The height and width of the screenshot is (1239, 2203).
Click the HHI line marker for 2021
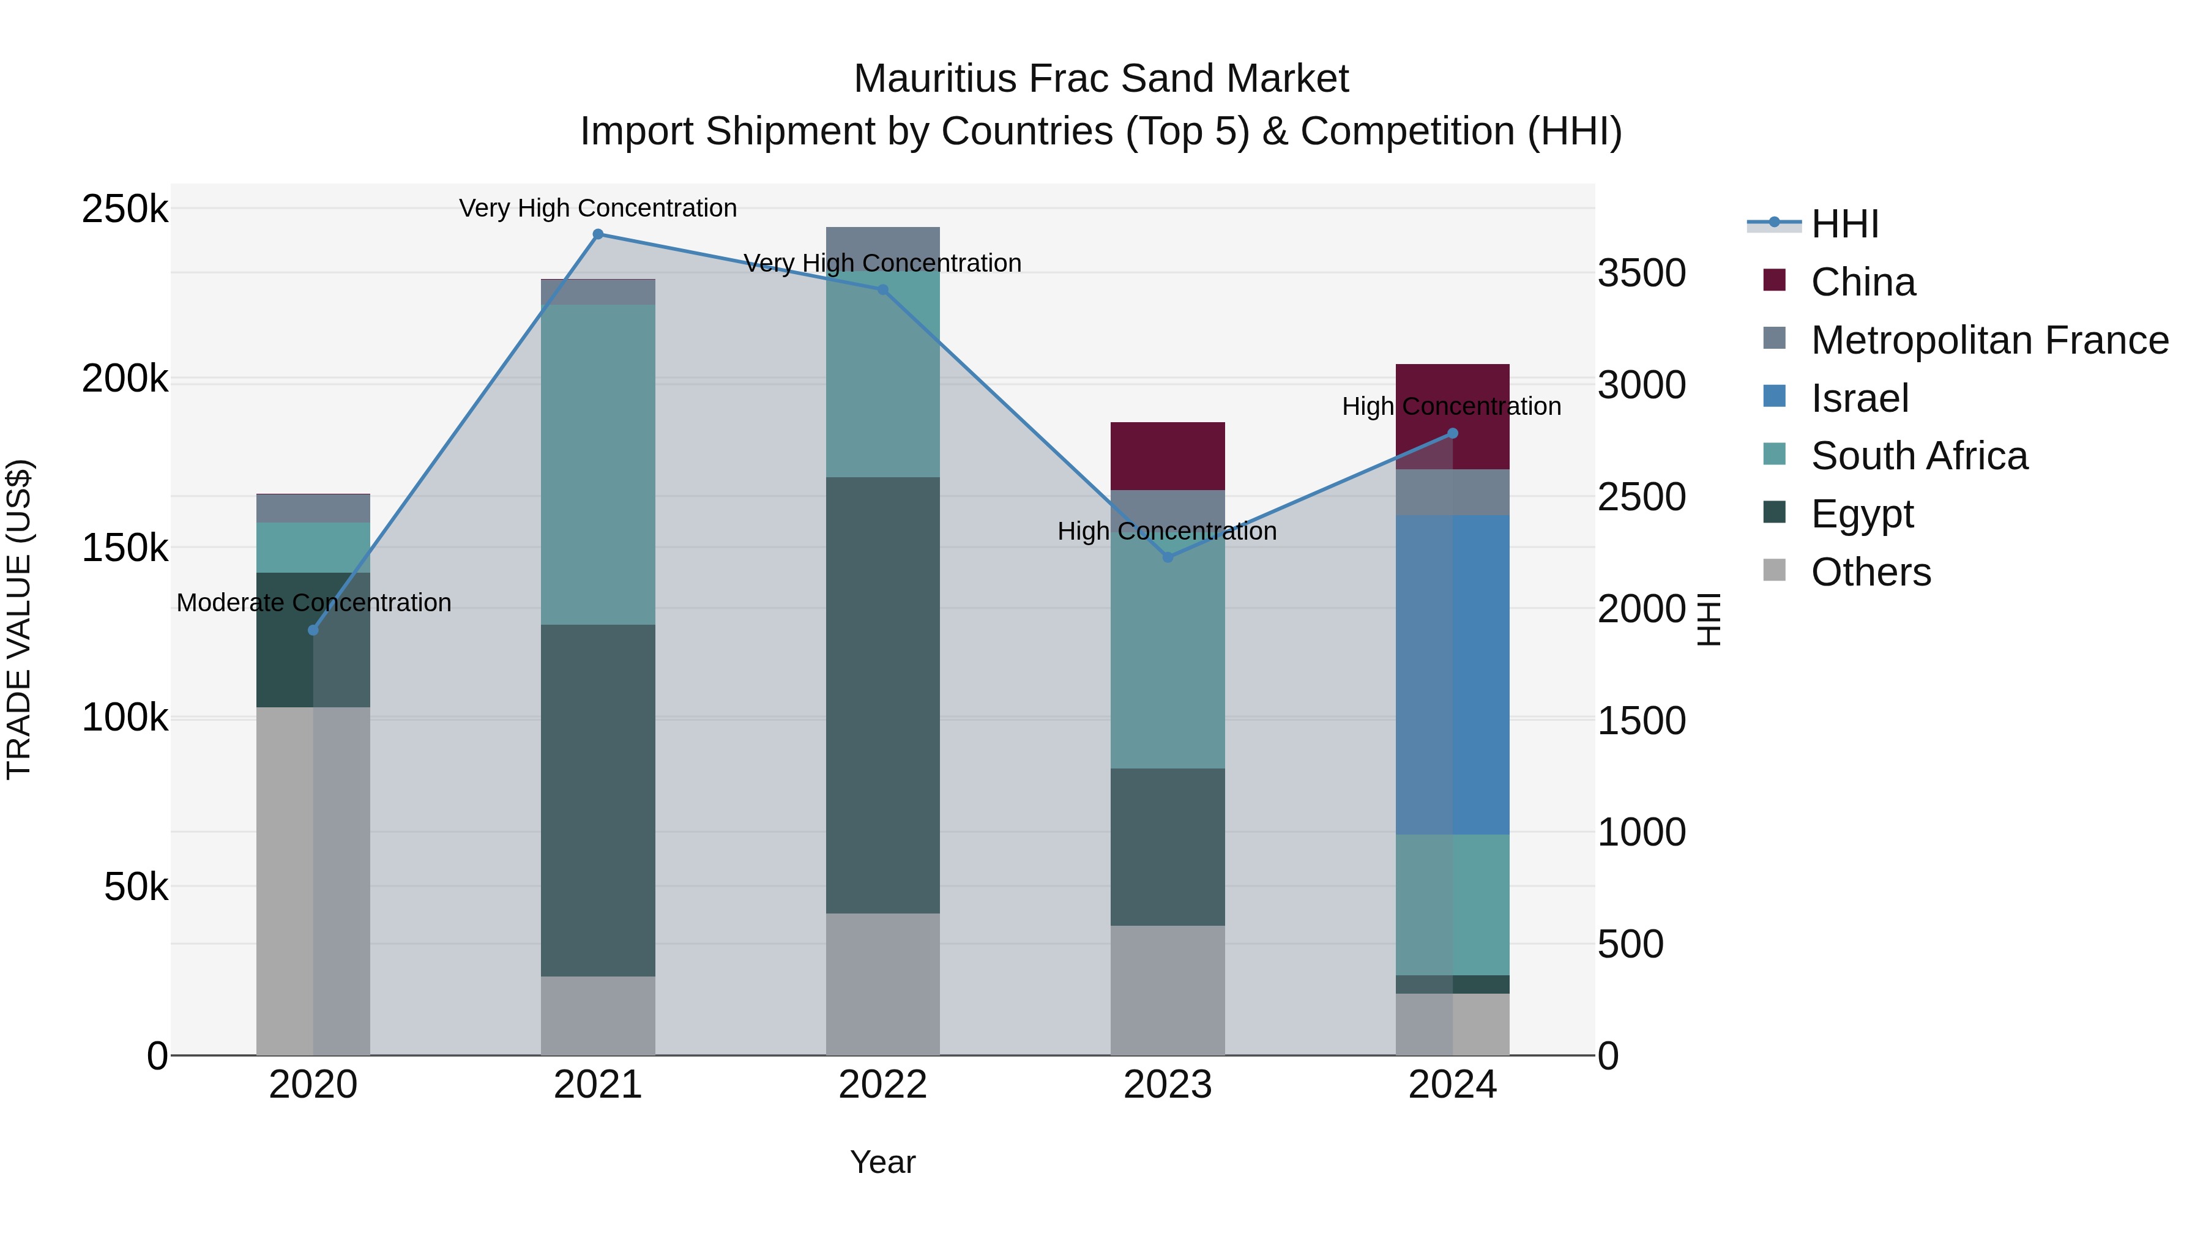tap(598, 234)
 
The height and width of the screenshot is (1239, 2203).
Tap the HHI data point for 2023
tap(1168, 557)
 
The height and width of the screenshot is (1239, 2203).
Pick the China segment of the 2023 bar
tap(1168, 456)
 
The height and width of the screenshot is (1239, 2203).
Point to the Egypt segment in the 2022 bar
tap(882, 694)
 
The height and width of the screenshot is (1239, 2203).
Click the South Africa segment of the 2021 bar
tap(598, 464)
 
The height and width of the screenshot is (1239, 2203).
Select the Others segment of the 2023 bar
tap(1168, 989)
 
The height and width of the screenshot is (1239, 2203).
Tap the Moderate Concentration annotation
tap(314, 603)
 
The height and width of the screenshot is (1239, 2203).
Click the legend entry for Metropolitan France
tap(1989, 340)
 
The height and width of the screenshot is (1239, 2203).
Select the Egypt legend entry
tap(1862, 514)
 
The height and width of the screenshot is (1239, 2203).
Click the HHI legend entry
tap(1844, 224)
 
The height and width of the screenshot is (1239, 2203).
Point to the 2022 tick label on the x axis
tap(882, 1085)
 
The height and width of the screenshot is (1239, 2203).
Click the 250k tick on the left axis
tap(125, 209)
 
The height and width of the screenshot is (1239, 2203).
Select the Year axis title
tap(882, 1162)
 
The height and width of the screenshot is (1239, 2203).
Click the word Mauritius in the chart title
tap(936, 79)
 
